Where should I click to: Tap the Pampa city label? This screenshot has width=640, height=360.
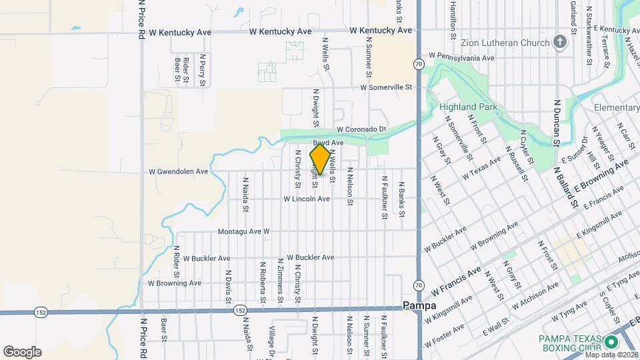point(420,305)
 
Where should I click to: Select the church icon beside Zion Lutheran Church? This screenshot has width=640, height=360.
point(560,43)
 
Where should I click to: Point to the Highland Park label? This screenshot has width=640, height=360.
point(468,107)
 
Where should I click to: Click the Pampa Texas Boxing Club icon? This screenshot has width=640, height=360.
point(611,343)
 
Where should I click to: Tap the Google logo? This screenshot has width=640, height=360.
point(22,352)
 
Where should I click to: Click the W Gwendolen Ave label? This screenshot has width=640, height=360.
point(178,171)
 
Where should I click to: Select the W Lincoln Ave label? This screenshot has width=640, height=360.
point(306,199)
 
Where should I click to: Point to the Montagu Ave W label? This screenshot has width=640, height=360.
point(243,231)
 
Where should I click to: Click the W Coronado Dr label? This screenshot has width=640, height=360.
point(361,129)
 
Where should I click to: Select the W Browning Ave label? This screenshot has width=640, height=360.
point(175,283)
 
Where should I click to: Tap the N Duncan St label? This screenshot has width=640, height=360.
point(557,123)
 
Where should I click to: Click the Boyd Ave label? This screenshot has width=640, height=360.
point(328,143)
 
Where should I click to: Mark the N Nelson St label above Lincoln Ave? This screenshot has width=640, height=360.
point(349,183)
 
